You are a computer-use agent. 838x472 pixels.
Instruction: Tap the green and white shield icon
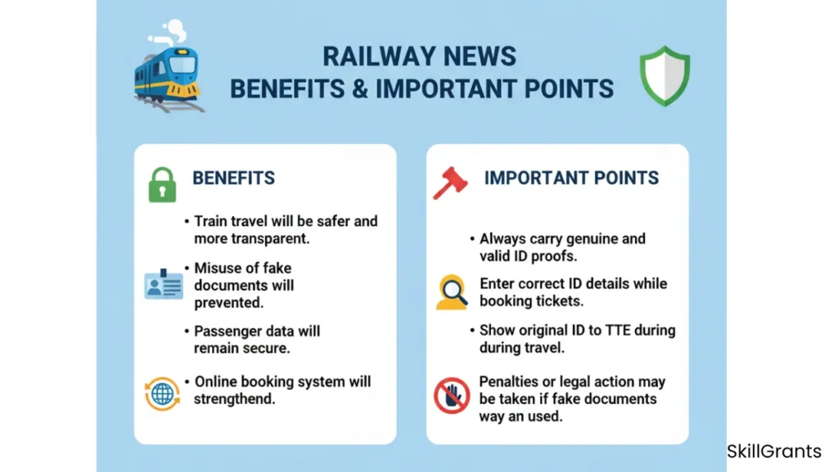coord(665,76)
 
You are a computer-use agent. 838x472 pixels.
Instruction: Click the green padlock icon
coord(162,184)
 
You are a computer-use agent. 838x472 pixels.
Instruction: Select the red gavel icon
coord(450,183)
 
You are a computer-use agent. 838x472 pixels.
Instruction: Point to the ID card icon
coord(164,284)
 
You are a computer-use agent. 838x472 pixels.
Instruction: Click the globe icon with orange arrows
coord(162,394)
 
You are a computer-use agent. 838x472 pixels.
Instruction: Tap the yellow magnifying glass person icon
coord(452,293)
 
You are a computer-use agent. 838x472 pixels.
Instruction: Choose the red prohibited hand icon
coord(452,396)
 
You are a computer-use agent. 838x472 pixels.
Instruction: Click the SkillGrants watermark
coord(774,452)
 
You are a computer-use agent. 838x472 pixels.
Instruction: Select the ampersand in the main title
coord(360,88)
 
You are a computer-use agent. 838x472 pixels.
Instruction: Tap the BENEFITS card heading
coord(233,178)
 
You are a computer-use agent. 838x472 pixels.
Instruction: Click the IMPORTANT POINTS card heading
coord(571,178)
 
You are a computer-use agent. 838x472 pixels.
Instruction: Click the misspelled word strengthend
coord(234,399)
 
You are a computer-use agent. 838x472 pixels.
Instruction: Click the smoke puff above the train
coord(169,33)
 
